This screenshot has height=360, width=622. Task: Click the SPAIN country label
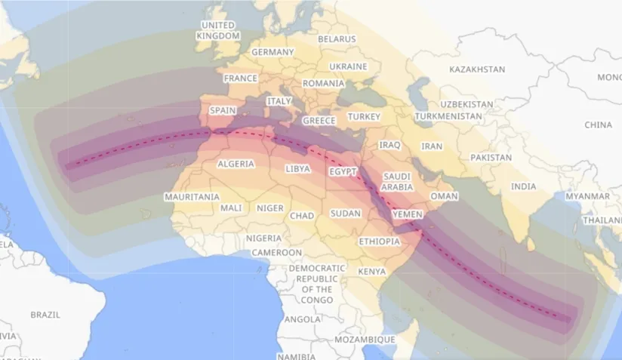point(223,110)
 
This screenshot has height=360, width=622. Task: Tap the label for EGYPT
point(342,172)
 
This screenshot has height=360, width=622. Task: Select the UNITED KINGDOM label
point(217,30)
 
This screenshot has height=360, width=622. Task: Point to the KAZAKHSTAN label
point(476,69)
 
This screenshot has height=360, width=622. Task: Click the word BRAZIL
point(45,314)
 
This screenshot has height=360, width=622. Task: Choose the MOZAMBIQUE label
point(365,340)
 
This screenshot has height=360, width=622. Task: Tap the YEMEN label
point(408,214)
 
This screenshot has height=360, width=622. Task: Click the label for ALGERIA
point(236,164)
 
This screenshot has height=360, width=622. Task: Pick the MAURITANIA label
point(192,197)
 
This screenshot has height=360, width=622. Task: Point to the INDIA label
point(523,186)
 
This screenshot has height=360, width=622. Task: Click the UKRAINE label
point(348,66)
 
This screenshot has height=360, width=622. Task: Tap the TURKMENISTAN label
point(448,116)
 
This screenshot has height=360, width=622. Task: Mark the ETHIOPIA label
point(379,242)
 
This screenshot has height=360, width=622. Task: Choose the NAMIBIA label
point(295,355)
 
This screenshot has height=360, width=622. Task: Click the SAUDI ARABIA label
point(396,181)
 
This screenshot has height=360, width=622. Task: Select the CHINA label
point(598,125)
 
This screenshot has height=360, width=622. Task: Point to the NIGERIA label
point(263,238)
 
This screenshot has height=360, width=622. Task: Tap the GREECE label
point(319,121)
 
